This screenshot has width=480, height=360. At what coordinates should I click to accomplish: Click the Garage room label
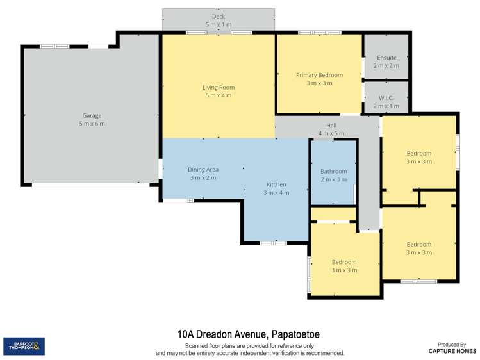point(92,115)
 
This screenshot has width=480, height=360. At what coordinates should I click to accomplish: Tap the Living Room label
point(219,88)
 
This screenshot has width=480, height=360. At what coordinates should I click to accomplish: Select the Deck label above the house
point(219,16)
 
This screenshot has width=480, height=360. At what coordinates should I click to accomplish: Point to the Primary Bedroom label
point(319,75)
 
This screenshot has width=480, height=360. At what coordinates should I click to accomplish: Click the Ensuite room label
point(386,58)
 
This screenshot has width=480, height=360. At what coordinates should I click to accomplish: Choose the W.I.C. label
point(386,98)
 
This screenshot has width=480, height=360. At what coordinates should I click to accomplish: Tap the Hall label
point(331,126)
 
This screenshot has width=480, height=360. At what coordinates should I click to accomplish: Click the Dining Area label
point(203,170)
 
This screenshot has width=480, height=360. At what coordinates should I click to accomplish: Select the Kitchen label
point(276,184)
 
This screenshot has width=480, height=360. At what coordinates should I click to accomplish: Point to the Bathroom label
point(334,171)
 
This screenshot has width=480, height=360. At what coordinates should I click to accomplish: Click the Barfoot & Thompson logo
point(24,347)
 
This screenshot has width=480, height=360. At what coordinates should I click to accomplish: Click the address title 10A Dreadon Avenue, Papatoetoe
point(249,334)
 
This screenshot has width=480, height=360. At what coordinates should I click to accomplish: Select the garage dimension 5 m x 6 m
point(92,124)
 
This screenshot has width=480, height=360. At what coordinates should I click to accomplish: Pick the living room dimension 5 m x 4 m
point(219,95)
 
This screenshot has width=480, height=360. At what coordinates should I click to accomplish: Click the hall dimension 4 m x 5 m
point(331,133)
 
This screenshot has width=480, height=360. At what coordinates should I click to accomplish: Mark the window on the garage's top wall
point(55,47)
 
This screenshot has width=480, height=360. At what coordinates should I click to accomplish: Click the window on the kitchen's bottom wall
point(274,243)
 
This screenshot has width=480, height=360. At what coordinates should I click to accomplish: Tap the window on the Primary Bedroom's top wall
point(320,32)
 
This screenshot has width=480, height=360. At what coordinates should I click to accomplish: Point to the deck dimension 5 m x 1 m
point(219,24)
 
